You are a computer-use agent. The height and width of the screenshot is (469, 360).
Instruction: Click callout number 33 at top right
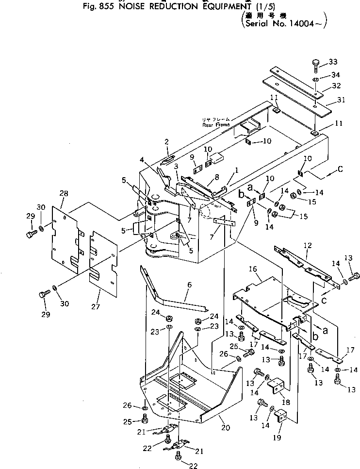[x=332, y=62]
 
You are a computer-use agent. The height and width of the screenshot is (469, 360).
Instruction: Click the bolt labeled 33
[x=315, y=64]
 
